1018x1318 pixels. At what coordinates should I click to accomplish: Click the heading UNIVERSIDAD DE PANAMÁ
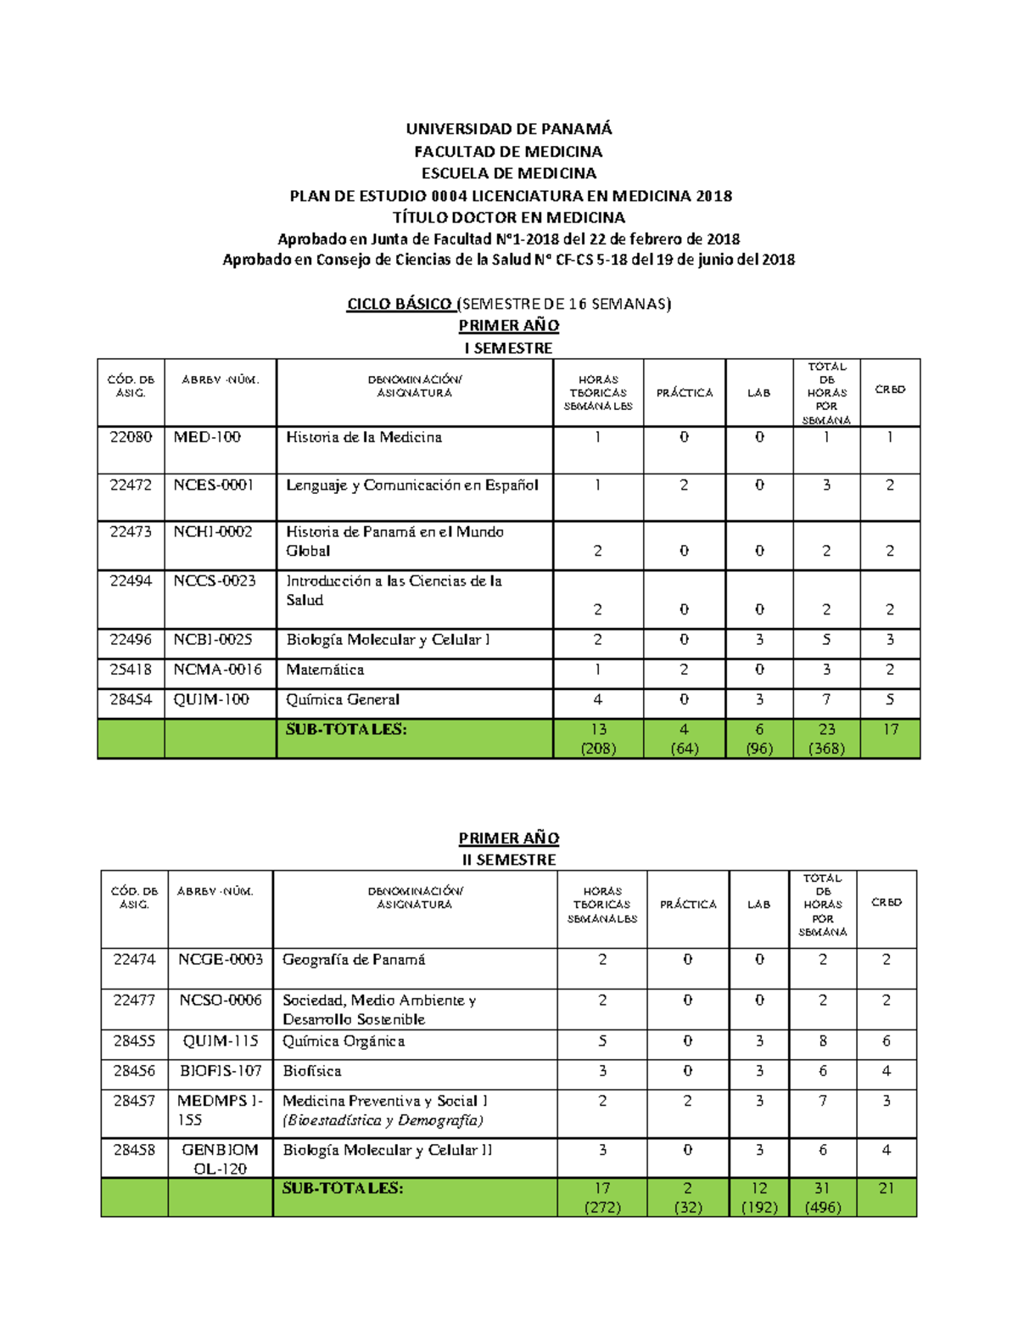click(x=508, y=129)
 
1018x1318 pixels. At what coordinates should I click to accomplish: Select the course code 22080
click(x=131, y=437)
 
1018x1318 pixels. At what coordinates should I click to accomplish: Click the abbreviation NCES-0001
click(x=214, y=485)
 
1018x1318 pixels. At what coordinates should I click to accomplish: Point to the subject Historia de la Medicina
click(x=363, y=438)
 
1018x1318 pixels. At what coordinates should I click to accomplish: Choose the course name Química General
click(x=343, y=700)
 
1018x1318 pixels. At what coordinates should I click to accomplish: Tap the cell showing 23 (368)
click(x=826, y=738)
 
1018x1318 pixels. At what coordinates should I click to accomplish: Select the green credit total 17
click(x=890, y=730)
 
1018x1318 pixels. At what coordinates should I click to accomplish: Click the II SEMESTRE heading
click(x=509, y=860)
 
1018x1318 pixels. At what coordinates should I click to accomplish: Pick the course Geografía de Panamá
click(x=354, y=960)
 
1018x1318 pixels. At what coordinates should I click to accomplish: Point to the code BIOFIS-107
click(x=221, y=1071)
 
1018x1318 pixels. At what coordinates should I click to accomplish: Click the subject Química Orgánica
click(x=344, y=1041)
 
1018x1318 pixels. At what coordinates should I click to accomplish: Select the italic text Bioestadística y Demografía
click(x=383, y=1120)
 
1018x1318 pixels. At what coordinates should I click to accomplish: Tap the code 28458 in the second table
click(x=134, y=1150)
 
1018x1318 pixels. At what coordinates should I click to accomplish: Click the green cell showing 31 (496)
click(x=822, y=1197)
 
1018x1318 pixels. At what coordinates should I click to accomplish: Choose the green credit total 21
click(x=887, y=1189)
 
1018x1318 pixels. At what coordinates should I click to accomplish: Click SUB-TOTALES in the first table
click(x=346, y=730)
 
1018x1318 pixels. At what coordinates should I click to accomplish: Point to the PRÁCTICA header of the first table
click(x=685, y=393)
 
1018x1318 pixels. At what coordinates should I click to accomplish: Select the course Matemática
click(x=325, y=670)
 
